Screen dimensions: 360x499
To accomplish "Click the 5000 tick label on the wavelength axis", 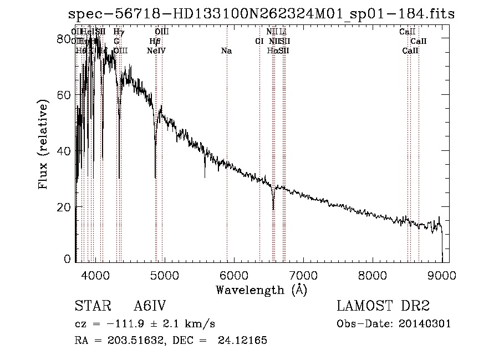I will pos(164,275).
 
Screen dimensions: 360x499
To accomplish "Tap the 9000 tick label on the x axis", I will pos(441,275).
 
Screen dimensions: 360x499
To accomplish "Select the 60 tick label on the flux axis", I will pos(65,94).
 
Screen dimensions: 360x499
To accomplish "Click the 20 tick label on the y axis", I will pos(65,206).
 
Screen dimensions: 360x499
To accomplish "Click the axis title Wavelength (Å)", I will pos(261,290).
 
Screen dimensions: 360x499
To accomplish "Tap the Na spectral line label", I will pos(226,51).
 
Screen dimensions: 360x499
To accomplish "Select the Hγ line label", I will pos(119,32).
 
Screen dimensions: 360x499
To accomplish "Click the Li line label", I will pos(283,32).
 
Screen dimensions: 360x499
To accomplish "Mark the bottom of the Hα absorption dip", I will pos(273,209).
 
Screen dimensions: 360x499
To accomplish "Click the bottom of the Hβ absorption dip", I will pos(155,177).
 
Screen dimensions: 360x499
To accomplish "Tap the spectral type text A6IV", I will pos(150,306).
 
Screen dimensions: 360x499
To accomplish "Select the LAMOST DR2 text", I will pos(383,306).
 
